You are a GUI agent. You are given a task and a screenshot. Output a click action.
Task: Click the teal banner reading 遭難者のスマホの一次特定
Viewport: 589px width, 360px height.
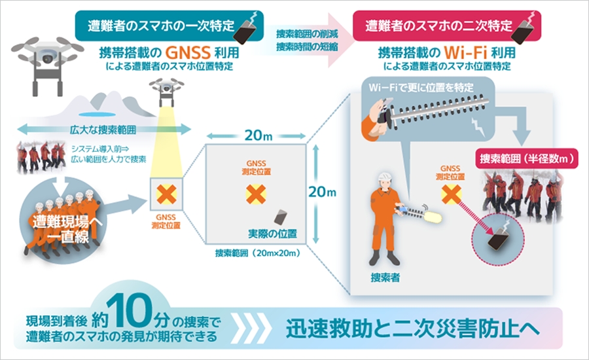[169, 26]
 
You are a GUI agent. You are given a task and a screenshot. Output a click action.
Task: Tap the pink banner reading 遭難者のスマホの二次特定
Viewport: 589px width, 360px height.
[447, 26]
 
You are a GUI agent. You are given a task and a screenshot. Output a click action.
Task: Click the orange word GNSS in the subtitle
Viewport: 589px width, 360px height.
[188, 52]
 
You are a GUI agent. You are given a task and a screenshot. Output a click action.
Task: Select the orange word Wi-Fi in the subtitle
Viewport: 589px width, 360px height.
[465, 52]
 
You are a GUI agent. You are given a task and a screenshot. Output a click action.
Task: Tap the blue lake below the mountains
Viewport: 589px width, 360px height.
[98, 113]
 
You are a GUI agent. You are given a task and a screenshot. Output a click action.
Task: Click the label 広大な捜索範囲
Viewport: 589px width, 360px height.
[103, 130]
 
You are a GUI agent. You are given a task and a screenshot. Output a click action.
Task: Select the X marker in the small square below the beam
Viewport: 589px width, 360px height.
[166, 194]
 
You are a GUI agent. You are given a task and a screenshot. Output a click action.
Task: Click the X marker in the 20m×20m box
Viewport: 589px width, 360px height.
[256, 194]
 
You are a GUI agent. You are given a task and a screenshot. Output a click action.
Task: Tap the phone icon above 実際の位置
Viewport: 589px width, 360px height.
[281, 217]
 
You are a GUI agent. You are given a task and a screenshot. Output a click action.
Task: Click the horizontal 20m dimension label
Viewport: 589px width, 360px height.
[258, 135]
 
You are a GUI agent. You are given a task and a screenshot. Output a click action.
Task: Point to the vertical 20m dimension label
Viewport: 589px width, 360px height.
[322, 192]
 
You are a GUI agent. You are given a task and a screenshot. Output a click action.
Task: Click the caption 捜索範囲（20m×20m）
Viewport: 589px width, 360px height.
[259, 253]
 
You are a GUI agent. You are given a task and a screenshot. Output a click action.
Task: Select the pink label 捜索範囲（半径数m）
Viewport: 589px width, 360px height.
[527, 159]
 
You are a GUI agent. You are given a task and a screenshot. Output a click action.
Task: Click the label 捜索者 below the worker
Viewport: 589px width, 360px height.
[385, 278]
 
